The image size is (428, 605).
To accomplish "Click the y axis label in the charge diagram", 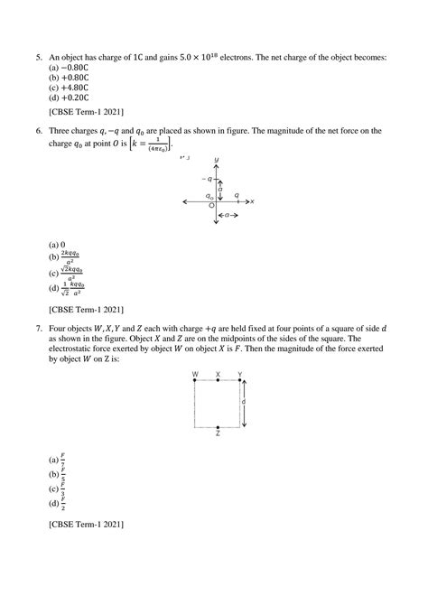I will pyautogui.click(x=217, y=160).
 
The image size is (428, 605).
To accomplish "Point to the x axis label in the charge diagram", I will pyautogui.click(x=253, y=200).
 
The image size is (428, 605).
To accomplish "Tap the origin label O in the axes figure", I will pyautogui.click(x=210, y=207).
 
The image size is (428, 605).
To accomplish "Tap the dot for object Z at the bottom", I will pyautogui.click(x=218, y=426).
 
